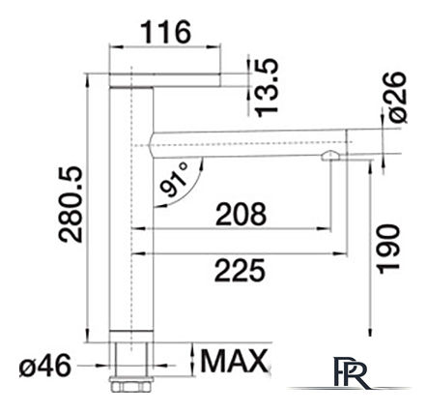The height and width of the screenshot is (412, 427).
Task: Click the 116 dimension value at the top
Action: click(x=167, y=32)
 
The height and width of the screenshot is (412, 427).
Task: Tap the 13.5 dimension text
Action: click(x=266, y=88)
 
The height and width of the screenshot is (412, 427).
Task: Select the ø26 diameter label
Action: click(x=398, y=97)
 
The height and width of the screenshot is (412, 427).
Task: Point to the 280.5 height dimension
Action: click(x=71, y=204)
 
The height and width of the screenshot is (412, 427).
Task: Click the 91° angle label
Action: click(x=174, y=180)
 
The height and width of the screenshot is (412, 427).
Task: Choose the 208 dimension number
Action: click(x=241, y=214)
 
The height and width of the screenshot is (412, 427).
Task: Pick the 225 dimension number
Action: click(x=241, y=270)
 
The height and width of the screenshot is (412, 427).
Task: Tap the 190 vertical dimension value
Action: click(x=388, y=250)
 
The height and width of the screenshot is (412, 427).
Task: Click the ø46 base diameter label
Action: click(x=45, y=366)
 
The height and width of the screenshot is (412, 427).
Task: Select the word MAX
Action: click(x=234, y=361)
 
